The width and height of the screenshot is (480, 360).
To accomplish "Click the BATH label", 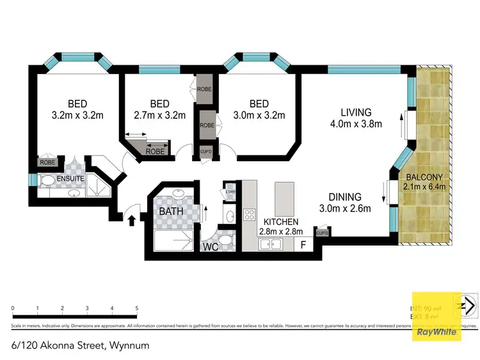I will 171,211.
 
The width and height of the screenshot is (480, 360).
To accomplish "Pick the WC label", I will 212,246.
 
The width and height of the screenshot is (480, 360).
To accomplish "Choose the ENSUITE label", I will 70,178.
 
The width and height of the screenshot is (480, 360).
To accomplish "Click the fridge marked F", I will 303,244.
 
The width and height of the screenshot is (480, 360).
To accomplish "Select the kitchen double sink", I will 272,244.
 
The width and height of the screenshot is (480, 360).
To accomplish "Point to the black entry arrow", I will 132,221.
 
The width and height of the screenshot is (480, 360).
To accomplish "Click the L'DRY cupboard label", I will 230,190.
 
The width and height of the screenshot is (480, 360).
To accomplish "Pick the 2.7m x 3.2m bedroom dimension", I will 159,116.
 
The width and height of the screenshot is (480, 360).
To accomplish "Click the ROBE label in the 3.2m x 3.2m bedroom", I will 48,162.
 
